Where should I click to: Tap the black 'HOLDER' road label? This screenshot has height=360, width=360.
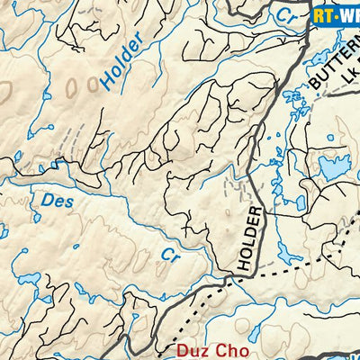[x=251, y=239]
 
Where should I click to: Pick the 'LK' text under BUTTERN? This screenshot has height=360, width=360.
[x=346, y=90]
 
